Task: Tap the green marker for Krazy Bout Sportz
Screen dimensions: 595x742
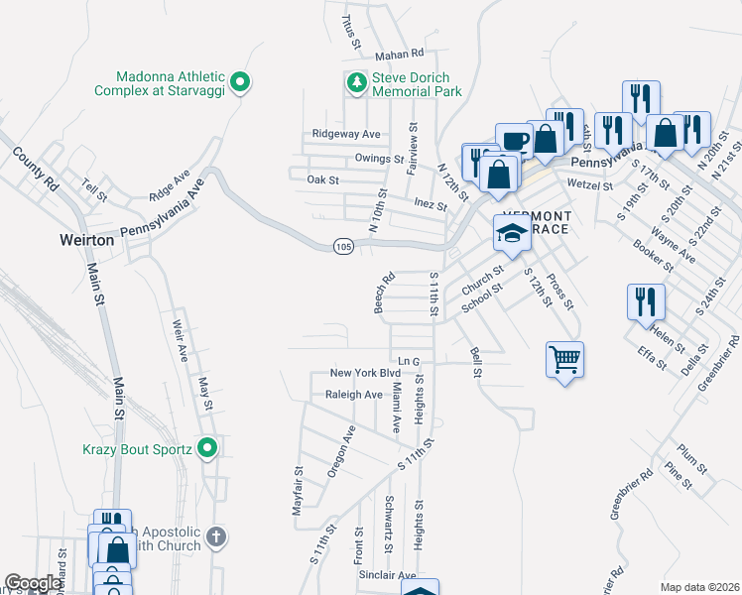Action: coord(207,449)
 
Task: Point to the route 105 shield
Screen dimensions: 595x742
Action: coord(342,246)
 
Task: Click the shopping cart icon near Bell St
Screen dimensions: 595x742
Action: coord(564,360)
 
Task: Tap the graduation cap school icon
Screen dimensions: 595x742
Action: coord(512,234)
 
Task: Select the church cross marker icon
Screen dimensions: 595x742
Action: coord(217,538)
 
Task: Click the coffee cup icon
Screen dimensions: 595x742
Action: coord(513,140)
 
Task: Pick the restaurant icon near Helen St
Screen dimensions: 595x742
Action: coord(645,300)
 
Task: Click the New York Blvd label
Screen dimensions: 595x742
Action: coord(364,373)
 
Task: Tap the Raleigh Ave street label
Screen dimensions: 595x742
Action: coord(354,394)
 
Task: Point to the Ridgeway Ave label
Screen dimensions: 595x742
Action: coord(346,133)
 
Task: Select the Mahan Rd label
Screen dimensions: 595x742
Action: coord(399,54)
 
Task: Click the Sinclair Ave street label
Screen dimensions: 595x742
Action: coord(387,574)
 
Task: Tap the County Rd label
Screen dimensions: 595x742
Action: coord(36,170)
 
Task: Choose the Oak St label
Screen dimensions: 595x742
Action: coord(323,180)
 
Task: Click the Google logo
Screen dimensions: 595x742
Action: coord(33,584)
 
